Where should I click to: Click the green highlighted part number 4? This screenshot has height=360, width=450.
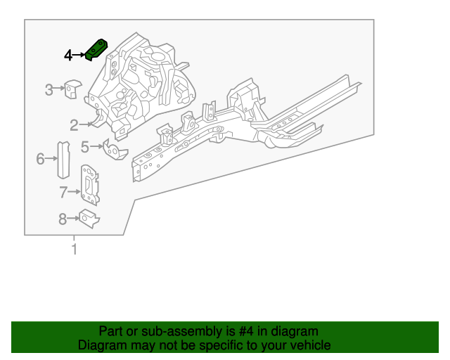point(96,51)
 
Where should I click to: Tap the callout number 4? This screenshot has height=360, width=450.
point(68,55)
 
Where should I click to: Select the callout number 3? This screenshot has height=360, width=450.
point(49,89)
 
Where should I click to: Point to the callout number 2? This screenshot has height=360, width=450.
point(74,125)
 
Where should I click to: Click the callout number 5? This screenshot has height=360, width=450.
point(85,146)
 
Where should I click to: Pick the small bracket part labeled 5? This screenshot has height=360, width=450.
point(111,149)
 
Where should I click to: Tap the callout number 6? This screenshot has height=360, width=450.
point(40,159)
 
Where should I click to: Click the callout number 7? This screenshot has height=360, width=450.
point(63,192)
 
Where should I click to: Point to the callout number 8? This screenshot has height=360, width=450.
point(63,220)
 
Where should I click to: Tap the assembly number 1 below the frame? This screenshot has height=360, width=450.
point(74,249)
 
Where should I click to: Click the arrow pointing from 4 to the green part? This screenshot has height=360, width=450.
point(79,55)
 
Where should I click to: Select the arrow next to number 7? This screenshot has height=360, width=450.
point(75,192)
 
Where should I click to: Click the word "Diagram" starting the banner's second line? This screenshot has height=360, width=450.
point(101,345)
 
